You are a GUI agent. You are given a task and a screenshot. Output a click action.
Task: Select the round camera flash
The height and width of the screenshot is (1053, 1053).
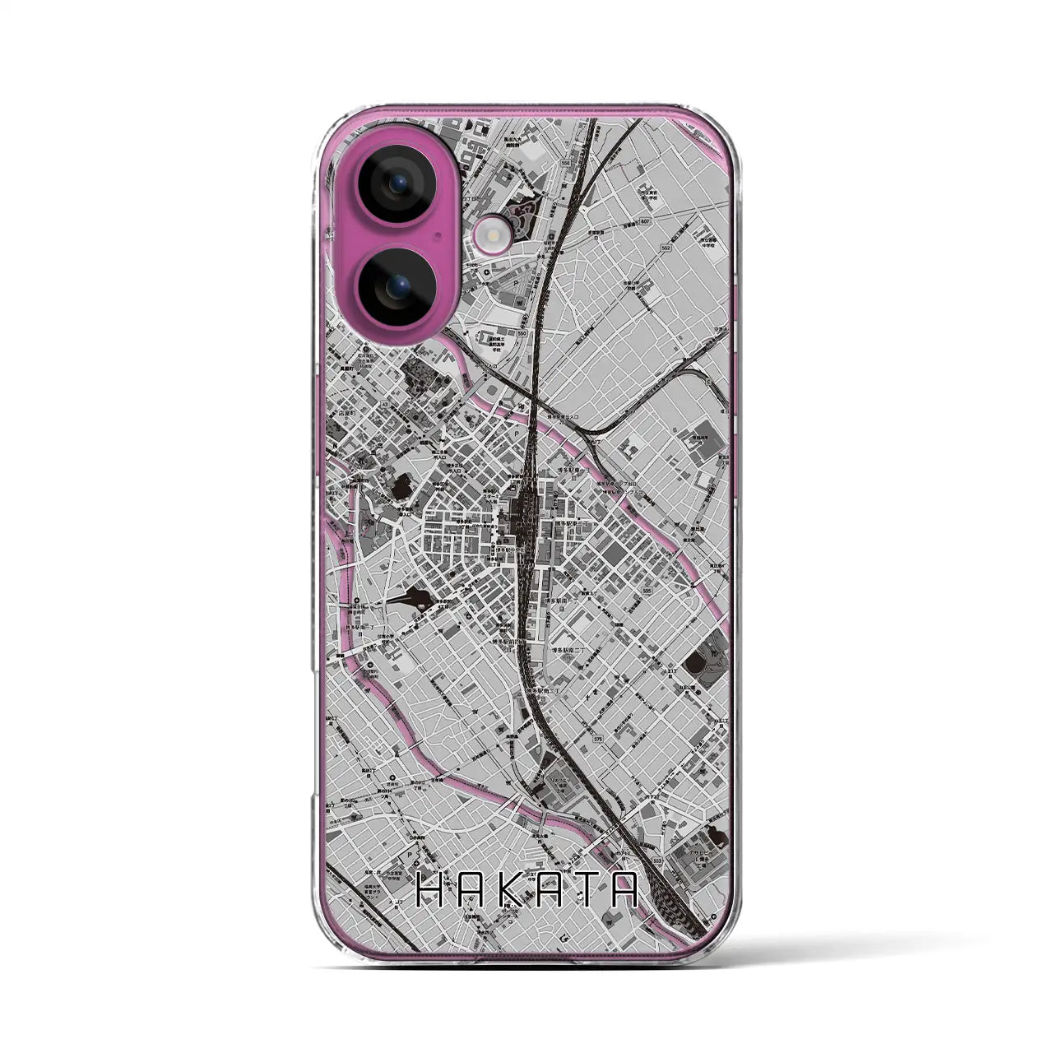492,239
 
